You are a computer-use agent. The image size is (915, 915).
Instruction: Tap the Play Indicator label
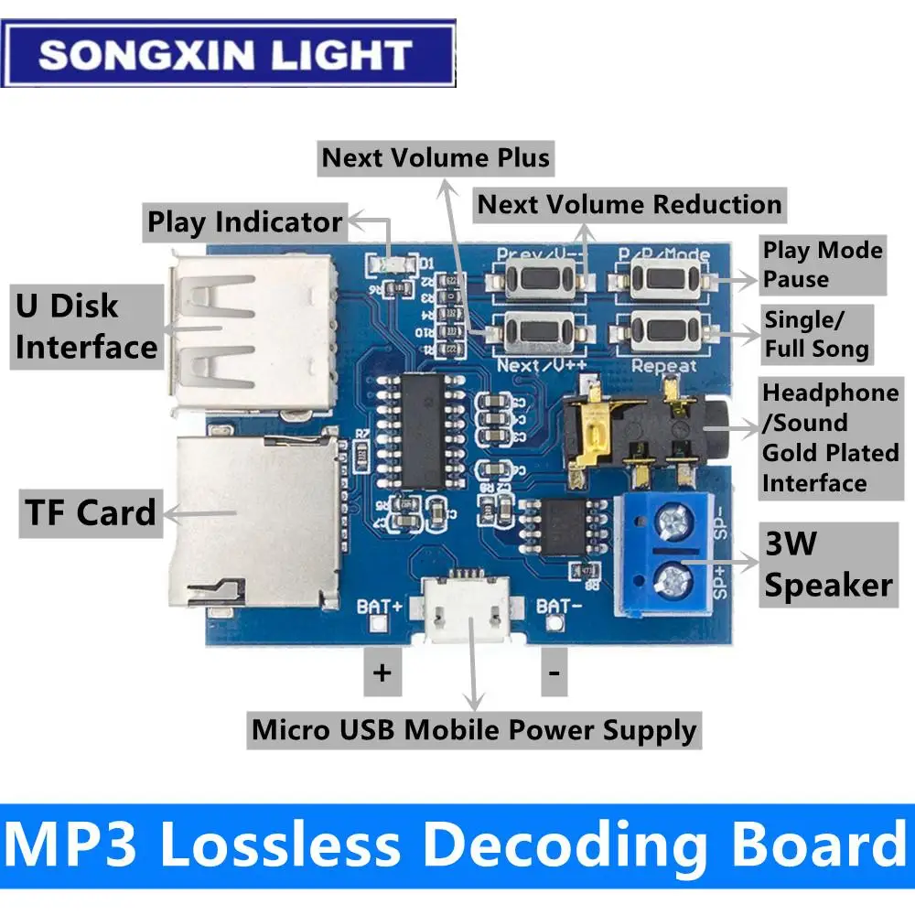[x=245, y=222]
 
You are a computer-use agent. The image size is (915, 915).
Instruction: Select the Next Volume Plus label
[x=436, y=158]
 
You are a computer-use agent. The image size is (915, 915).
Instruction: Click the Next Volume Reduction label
[x=630, y=204]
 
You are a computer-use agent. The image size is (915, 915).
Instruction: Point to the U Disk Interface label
[x=86, y=327]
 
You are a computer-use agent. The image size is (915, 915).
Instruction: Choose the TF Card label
[x=90, y=512]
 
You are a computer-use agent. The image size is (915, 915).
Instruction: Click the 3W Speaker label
[x=828, y=565]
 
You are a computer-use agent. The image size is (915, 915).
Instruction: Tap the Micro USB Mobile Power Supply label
[x=474, y=730]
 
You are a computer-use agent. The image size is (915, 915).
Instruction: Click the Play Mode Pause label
[x=823, y=264]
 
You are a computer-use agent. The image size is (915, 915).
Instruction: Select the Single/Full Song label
[x=816, y=335]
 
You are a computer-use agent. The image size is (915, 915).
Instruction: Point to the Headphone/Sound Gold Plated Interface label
[x=830, y=438]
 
